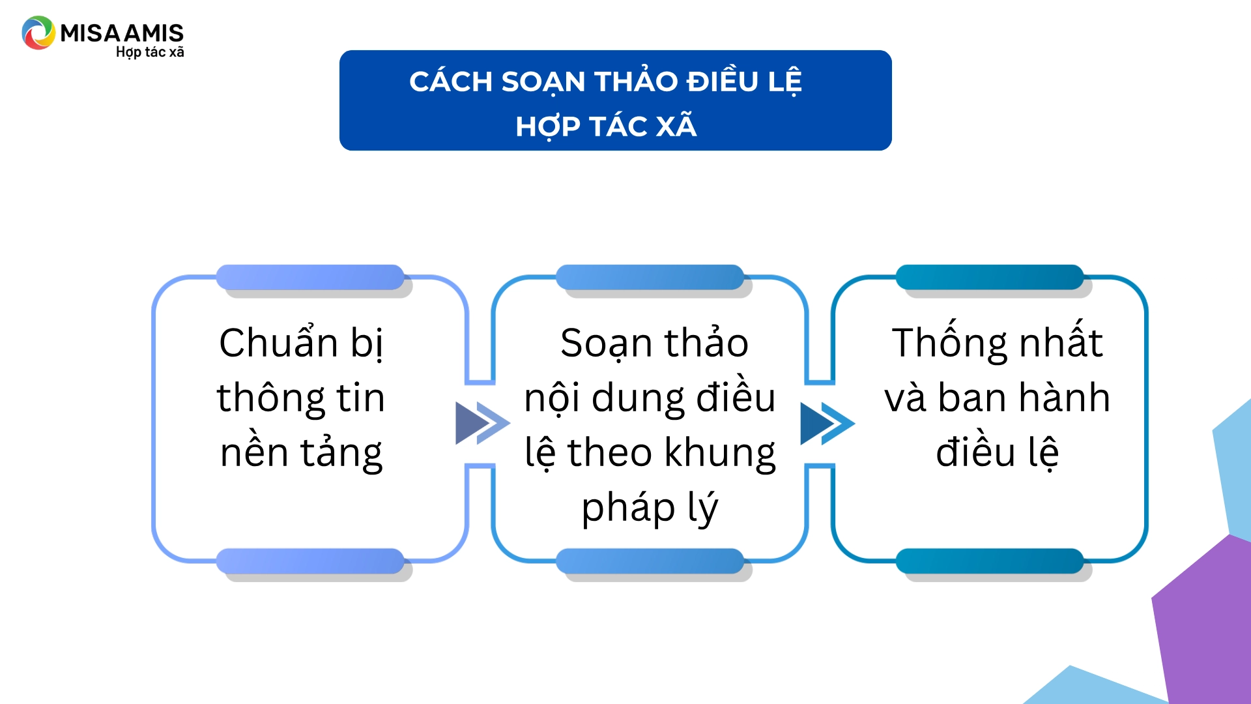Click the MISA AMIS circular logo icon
(38, 33)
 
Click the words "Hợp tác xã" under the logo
(150, 52)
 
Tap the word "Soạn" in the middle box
(606, 344)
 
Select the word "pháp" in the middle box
(628, 508)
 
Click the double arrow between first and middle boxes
(482, 423)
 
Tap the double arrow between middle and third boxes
(827, 424)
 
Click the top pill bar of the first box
(310, 277)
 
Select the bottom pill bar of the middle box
(650, 561)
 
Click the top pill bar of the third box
(990, 277)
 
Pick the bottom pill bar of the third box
(990, 561)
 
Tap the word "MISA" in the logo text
(91, 33)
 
